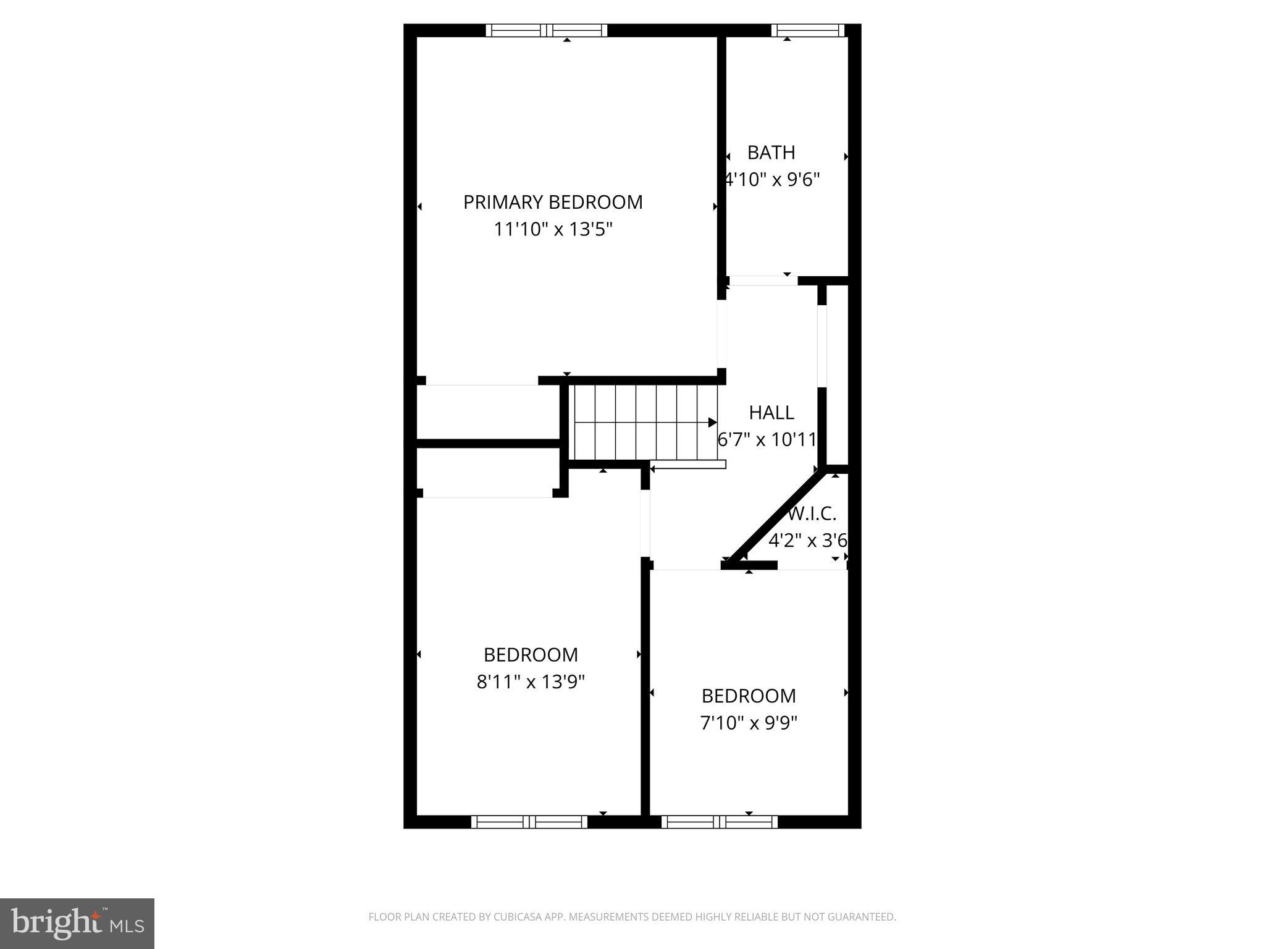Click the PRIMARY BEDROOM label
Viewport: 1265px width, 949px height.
coord(553,203)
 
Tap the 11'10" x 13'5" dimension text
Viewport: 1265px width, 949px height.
coord(553,230)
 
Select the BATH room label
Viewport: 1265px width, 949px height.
coord(771,153)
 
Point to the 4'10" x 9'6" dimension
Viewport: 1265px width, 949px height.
coord(772,180)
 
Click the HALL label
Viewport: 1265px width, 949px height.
coord(771,413)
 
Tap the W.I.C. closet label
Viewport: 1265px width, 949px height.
coord(813,513)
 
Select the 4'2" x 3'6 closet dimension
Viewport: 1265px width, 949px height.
coord(807,541)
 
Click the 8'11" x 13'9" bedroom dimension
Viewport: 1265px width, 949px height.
coord(531,682)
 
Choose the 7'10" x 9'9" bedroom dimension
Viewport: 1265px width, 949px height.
coord(749,723)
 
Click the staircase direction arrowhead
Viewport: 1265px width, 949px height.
coord(712,423)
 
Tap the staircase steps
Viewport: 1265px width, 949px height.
coord(642,423)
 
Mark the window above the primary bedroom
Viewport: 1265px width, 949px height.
coord(547,30)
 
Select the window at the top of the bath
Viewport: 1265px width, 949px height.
coord(807,30)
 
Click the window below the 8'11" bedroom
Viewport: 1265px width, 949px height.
coord(529,822)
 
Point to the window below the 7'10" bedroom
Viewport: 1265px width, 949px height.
coord(720,822)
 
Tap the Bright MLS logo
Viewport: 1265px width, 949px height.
coord(77,922)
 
